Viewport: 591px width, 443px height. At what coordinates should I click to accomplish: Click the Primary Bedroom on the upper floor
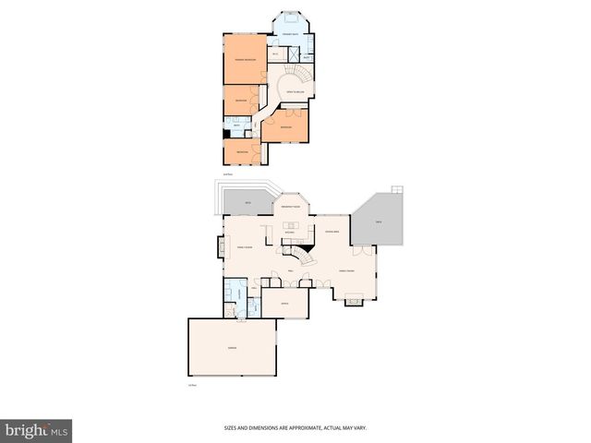pos(245,60)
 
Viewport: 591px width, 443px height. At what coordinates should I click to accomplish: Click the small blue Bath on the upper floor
pos(238,126)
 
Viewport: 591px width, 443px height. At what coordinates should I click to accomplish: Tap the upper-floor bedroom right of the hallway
pos(285,126)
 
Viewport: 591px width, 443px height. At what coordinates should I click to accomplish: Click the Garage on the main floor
pos(233,348)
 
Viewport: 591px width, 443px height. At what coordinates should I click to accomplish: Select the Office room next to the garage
pos(284,302)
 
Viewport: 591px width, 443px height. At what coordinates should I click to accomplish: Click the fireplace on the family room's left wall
pos(219,246)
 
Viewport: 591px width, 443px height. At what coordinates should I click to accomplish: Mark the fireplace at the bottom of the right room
pos(353,299)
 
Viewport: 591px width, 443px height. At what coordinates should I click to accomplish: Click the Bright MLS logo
pos(37,431)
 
